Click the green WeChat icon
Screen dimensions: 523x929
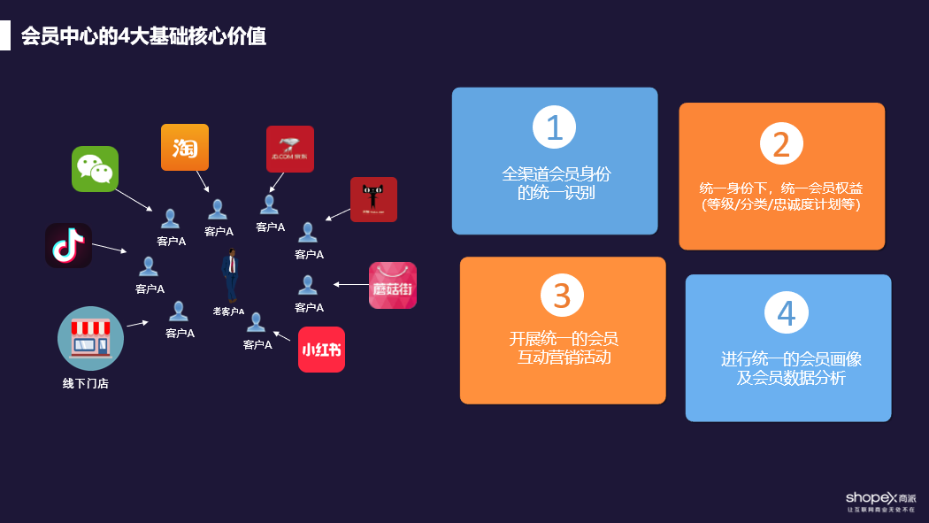pyautogui.click(x=95, y=169)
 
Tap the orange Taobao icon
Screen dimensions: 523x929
pyautogui.click(x=185, y=147)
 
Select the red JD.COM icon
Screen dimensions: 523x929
pyautogui.click(x=290, y=149)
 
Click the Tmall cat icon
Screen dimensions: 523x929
pyautogui.click(x=373, y=199)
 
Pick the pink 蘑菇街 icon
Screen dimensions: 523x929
pyautogui.click(x=393, y=285)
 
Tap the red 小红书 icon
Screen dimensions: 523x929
pyautogui.click(x=321, y=350)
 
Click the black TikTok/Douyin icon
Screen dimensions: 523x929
pyautogui.click(x=69, y=245)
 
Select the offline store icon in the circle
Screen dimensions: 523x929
pyautogui.click(x=90, y=338)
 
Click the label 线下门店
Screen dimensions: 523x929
pyautogui.click(x=86, y=384)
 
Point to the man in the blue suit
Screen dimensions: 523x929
pyautogui.click(x=231, y=275)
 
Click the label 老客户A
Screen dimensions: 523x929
pyautogui.click(x=228, y=311)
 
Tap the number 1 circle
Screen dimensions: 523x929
pyautogui.click(x=555, y=127)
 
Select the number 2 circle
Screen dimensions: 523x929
pyautogui.click(x=781, y=143)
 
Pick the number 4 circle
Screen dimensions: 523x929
pyautogui.click(x=787, y=312)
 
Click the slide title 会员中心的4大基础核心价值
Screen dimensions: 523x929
pyautogui.click(x=143, y=37)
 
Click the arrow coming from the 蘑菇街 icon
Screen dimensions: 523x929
pyautogui.click(x=349, y=285)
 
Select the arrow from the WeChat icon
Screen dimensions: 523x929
pyautogui.click(x=134, y=198)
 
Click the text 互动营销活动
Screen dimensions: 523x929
pyautogui.click(x=564, y=358)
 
